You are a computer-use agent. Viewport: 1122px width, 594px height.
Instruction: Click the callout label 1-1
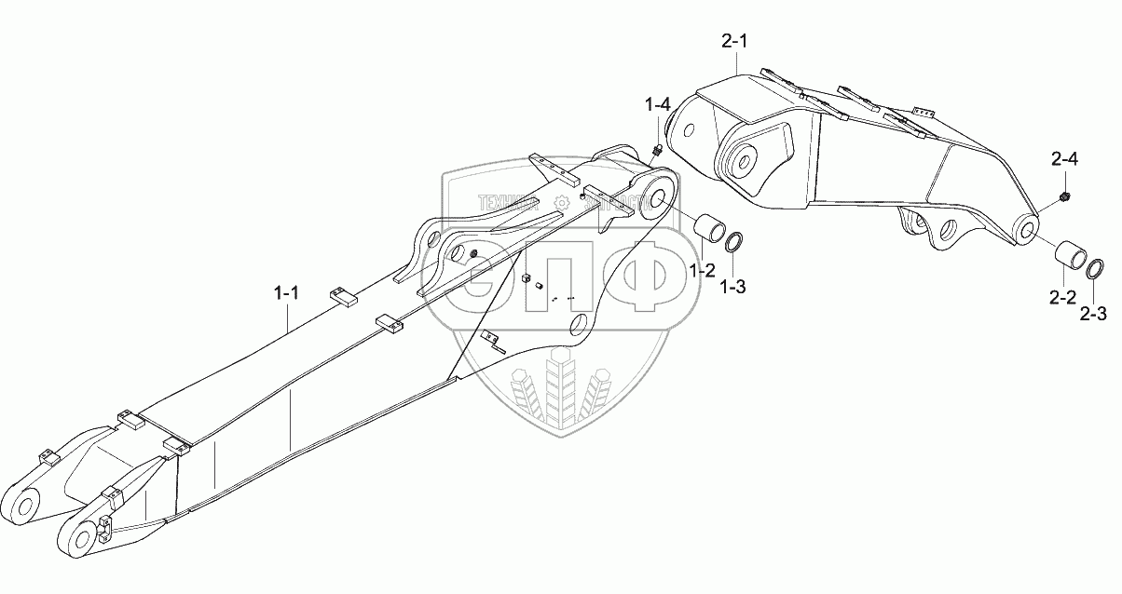(286, 293)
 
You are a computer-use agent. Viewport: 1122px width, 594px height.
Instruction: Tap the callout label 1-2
(702, 271)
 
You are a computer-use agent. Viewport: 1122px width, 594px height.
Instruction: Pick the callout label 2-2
(1062, 297)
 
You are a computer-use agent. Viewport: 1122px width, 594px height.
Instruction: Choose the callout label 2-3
(1094, 314)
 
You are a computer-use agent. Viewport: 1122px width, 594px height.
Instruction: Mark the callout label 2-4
(1064, 162)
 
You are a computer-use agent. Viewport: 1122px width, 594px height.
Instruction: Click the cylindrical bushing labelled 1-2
(706, 231)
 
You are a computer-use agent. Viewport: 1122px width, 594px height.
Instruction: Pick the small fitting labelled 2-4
(1062, 196)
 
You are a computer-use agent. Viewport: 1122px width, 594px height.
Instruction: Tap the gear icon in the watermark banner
(561, 202)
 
